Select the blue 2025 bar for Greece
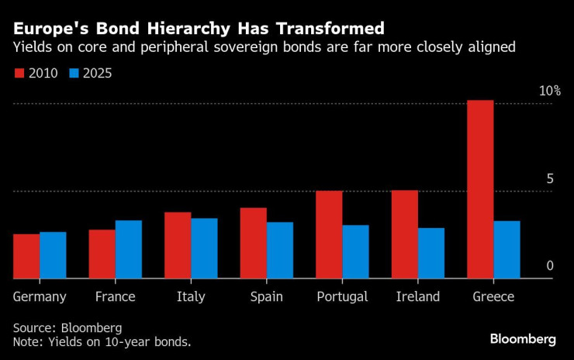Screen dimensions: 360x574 [x=507, y=249]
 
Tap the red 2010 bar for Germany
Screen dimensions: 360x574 [x=26, y=256]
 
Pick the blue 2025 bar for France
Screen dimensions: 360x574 [x=129, y=249]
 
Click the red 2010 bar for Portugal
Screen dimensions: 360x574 [x=329, y=234]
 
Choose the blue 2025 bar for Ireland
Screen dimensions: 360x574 [x=431, y=253]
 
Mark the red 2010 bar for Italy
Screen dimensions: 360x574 [x=178, y=245]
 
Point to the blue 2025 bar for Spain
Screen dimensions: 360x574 [x=280, y=250]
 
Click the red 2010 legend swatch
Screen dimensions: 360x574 [x=19, y=74]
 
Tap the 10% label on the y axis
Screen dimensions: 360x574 [x=550, y=91]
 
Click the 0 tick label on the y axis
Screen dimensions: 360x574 [x=550, y=266]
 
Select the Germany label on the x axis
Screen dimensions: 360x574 [x=40, y=297]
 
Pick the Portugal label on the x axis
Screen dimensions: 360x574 [x=342, y=297]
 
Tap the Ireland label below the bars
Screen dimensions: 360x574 [x=417, y=297]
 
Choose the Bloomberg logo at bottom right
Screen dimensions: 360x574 [x=523, y=339]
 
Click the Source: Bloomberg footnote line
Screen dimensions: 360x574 [x=67, y=327]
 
